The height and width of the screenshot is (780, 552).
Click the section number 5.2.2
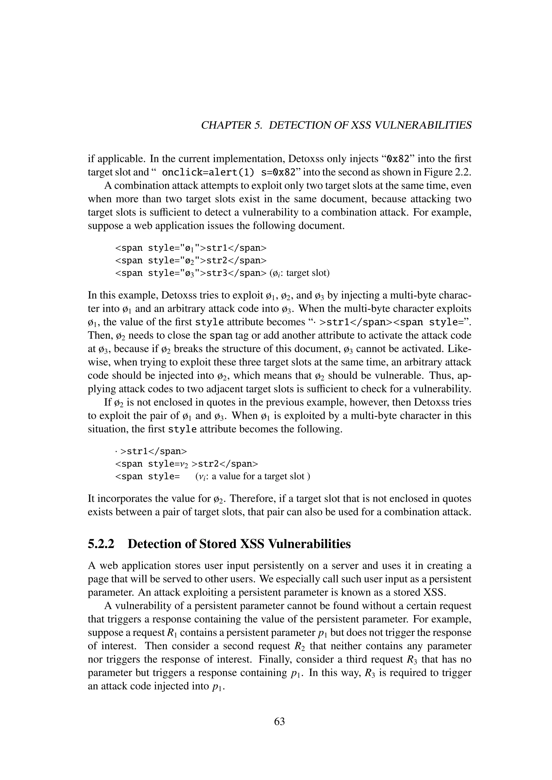click(101, 544)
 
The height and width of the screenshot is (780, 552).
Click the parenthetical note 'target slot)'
click(308, 273)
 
